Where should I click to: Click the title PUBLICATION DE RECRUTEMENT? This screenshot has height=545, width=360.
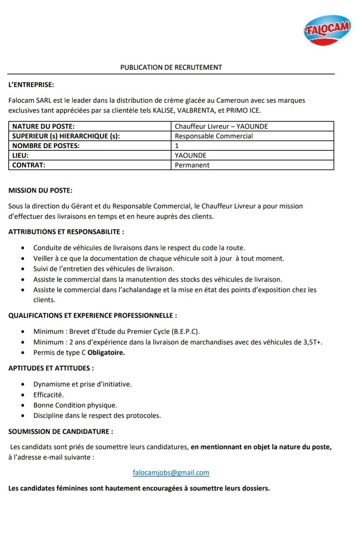(171, 67)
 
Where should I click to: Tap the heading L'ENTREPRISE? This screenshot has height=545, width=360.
(31, 84)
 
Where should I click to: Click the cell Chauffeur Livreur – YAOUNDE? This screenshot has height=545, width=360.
(221, 126)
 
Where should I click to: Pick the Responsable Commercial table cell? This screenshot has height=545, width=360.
(214, 136)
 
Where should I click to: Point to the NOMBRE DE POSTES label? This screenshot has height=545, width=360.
(45, 146)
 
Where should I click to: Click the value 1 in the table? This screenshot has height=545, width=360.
(177, 146)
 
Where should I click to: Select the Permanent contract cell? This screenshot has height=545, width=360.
(192, 165)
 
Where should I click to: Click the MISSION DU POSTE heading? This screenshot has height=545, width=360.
(40, 190)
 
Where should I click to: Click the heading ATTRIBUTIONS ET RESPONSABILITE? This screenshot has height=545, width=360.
(66, 232)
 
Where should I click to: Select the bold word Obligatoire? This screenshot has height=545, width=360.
(106, 352)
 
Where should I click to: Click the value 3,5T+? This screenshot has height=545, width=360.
(312, 342)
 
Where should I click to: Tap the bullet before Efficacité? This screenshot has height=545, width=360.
(23, 395)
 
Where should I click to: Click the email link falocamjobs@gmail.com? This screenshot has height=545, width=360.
(171, 472)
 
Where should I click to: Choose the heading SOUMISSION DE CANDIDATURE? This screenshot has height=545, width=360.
(60, 431)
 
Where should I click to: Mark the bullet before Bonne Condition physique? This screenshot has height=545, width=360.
(23, 405)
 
